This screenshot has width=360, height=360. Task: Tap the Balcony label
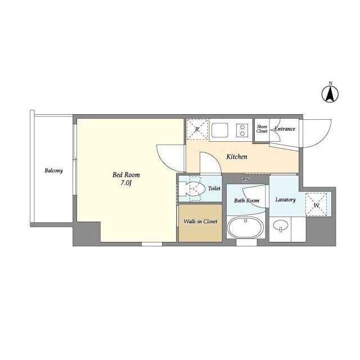(53, 170)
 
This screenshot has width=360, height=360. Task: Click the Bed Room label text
(126, 175)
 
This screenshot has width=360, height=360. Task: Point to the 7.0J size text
(126, 183)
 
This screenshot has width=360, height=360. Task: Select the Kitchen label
(236, 157)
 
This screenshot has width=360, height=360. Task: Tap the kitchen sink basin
(220, 130)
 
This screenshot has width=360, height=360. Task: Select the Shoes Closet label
(262, 129)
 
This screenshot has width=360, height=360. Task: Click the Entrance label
(285, 129)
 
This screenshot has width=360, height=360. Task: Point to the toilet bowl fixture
(193, 190)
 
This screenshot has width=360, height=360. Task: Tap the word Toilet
(214, 189)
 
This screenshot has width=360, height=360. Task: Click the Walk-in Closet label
(200, 222)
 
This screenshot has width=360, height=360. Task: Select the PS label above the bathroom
(245, 179)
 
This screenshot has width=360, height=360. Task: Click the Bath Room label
(246, 200)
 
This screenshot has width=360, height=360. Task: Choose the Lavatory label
(285, 200)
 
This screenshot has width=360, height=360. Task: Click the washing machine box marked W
(316, 204)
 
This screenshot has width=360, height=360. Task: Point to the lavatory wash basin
(280, 227)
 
